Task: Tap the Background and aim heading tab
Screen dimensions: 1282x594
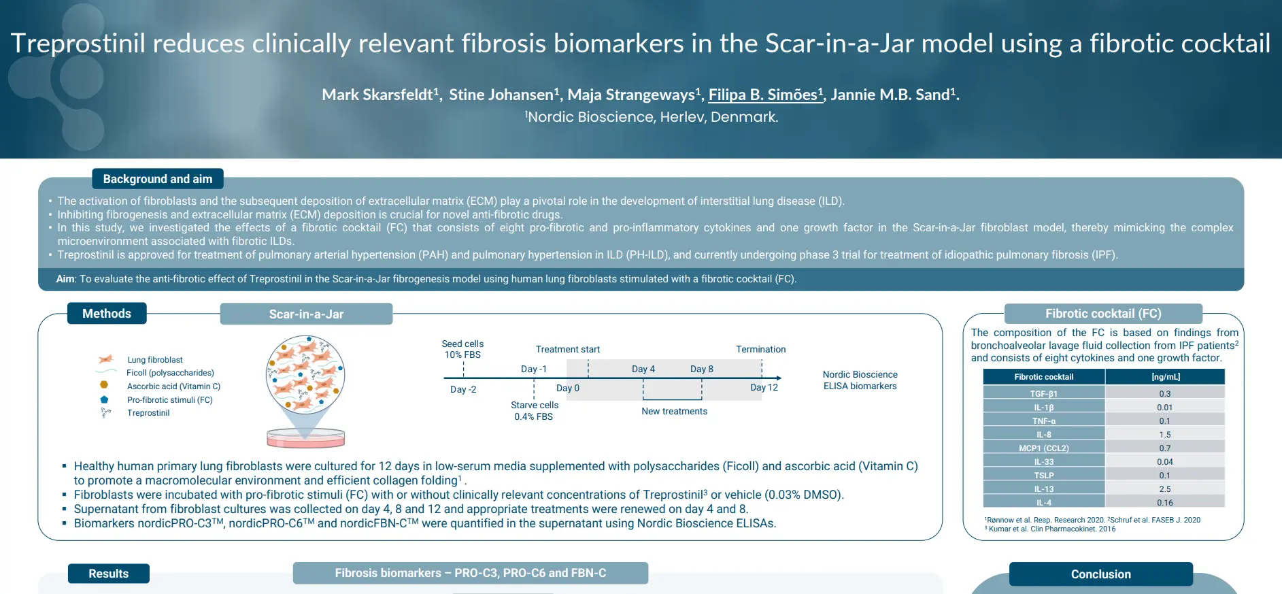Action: pyautogui.click(x=158, y=179)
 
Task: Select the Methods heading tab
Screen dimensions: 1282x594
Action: pyautogui.click(x=107, y=313)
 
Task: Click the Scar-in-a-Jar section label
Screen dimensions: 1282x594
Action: pyautogui.click(x=306, y=314)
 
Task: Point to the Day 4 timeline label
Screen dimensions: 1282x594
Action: pyautogui.click(x=643, y=369)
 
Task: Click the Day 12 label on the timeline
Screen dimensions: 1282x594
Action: pyautogui.click(x=764, y=387)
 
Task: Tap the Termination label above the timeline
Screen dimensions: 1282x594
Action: pyautogui.click(x=761, y=349)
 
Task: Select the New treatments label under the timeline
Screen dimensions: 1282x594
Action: pyautogui.click(x=674, y=411)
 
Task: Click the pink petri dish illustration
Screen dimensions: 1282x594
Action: pyautogui.click(x=306, y=438)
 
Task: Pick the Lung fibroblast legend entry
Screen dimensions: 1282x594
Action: pyautogui.click(x=155, y=359)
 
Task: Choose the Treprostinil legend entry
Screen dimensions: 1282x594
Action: pyautogui.click(x=148, y=413)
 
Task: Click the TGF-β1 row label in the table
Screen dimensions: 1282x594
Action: pyautogui.click(x=1044, y=393)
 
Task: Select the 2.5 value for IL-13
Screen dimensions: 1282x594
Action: pyautogui.click(x=1165, y=489)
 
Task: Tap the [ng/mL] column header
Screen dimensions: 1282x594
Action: pyautogui.click(x=1166, y=376)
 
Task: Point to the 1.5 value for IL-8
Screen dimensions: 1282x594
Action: pyautogui.click(x=1165, y=434)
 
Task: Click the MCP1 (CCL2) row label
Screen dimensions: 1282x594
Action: pyautogui.click(x=1044, y=448)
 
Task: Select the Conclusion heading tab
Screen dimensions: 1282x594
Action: pyautogui.click(x=1101, y=574)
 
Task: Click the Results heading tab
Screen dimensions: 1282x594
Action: pyautogui.click(x=109, y=574)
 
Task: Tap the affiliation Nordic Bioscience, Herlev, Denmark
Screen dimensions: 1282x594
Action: pyautogui.click(x=652, y=117)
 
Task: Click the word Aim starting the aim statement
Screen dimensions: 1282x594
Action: pyautogui.click(x=65, y=279)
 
